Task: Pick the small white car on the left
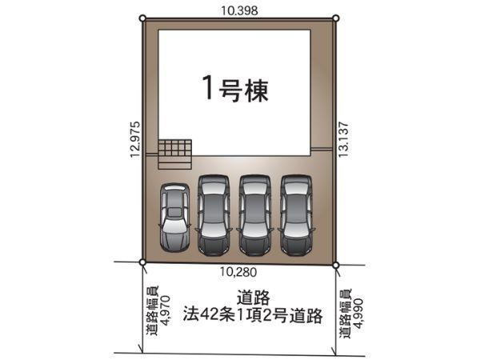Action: pyautogui.click(x=174, y=218)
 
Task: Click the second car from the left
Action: pyautogui.click(x=214, y=214)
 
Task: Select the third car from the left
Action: pyautogui.click(x=255, y=214)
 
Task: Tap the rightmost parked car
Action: pyautogui.click(x=295, y=214)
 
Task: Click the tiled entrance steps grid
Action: pyautogui.click(x=175, y=152)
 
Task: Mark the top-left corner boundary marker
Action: pyautogui.click(x=142, y=18)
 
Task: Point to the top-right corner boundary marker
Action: pyautogui.click(x=336, y=18)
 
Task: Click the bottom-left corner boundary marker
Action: pyautogui.click(x=142, y=262)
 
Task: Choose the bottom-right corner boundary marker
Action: pyautogui.click(x=336, y=264)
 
